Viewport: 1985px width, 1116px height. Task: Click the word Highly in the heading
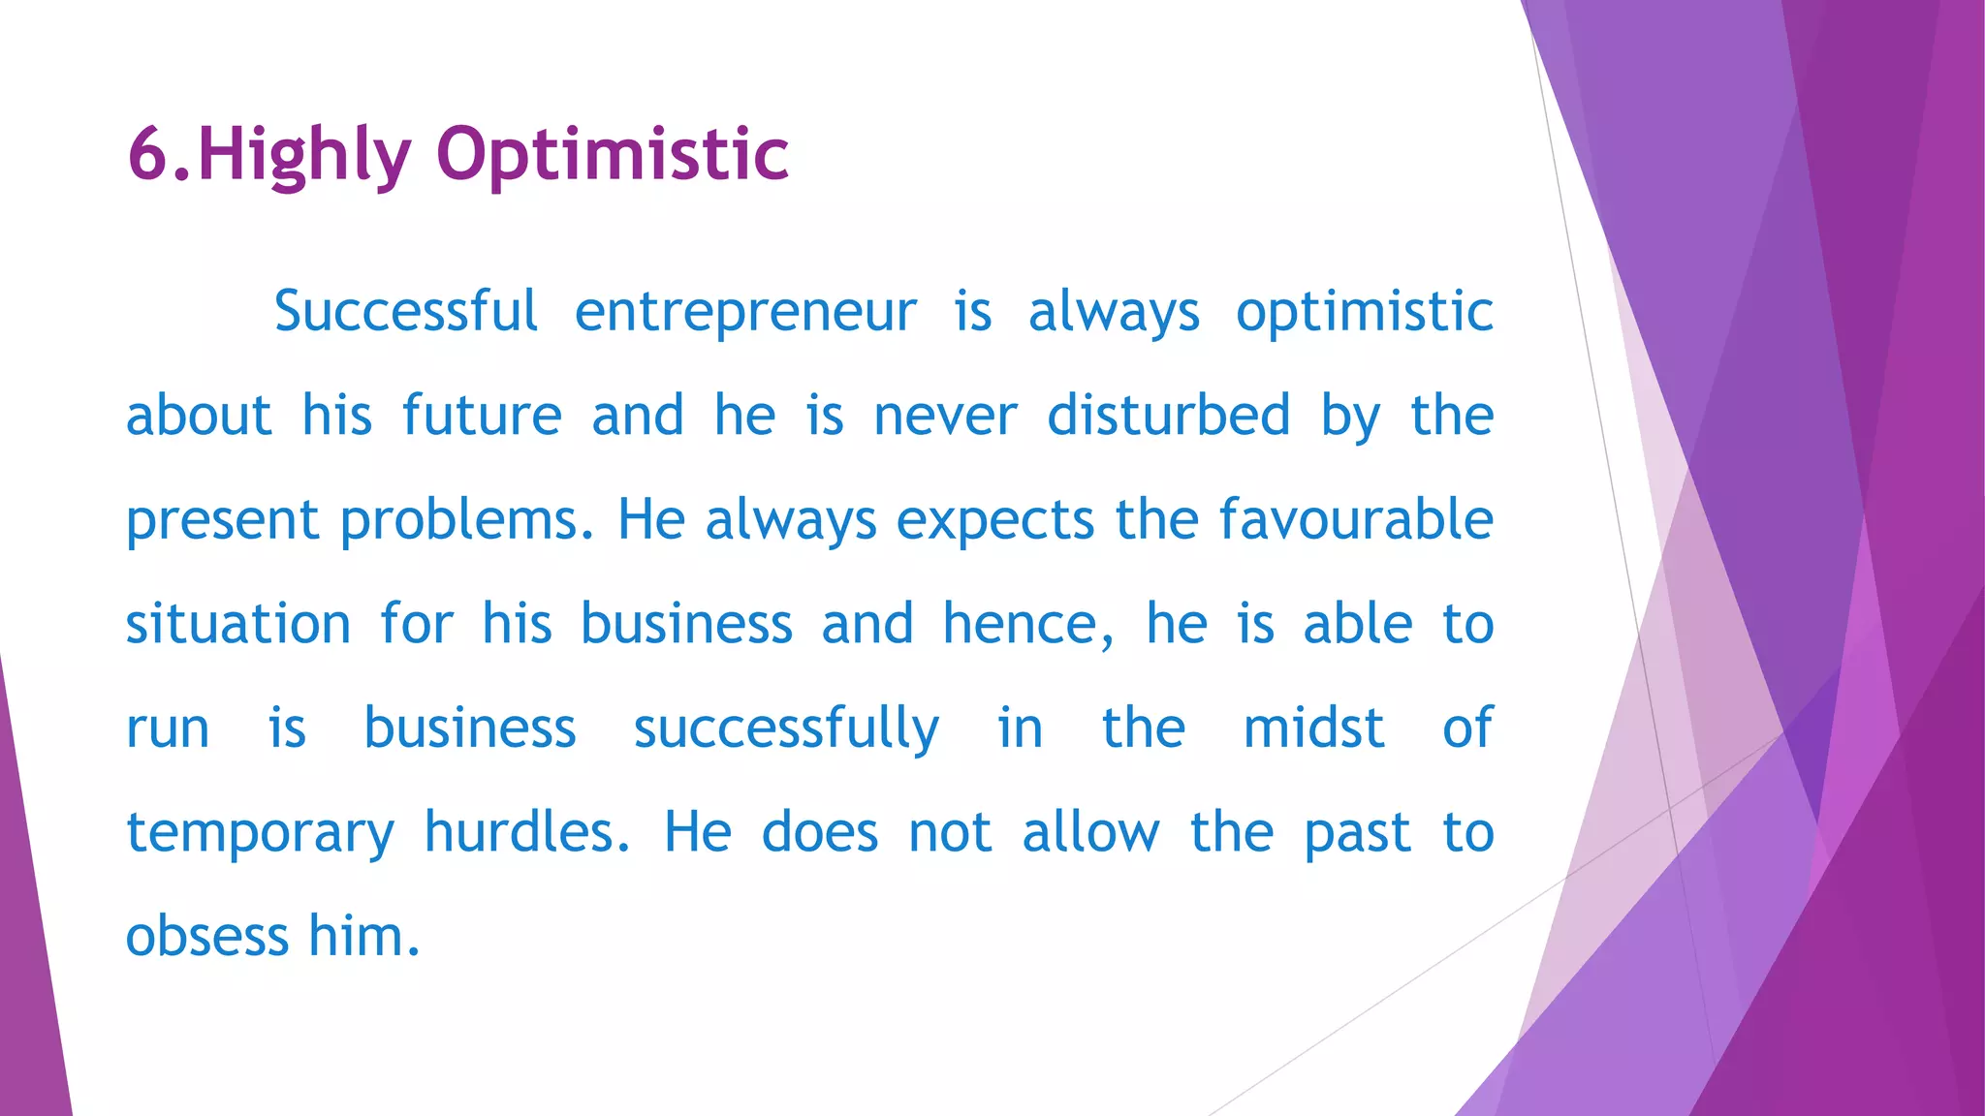303,155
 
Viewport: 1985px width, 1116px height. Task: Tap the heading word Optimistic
613,155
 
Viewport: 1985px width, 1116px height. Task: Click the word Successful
405,312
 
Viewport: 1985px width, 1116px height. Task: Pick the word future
482,417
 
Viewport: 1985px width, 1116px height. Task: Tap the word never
945,418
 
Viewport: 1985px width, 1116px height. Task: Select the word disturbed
1168,416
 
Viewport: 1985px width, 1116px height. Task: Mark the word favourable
1356,519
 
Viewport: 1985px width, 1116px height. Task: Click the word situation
238,624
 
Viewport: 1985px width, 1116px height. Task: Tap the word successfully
786,729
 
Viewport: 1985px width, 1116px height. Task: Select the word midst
1313,728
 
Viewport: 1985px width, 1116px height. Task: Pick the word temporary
261,834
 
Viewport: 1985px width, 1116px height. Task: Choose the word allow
1090,832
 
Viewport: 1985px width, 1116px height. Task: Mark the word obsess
207,937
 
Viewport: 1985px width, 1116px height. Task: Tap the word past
1357,834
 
